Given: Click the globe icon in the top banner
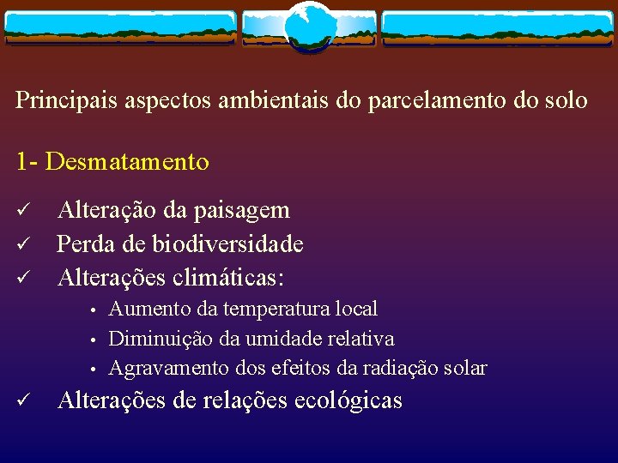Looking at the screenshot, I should (x=310, y=27).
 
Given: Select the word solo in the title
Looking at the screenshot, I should (x=563, y=100).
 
